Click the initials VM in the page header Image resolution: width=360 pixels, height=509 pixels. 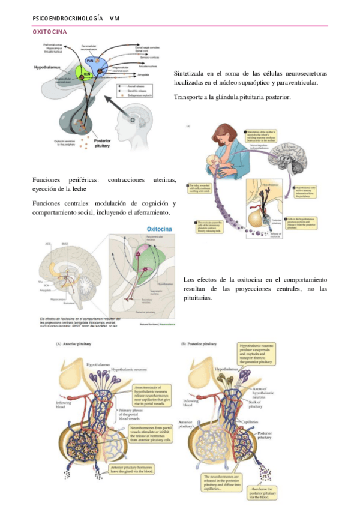pos(115,19)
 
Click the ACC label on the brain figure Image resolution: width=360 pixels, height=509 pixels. pos(47,245)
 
